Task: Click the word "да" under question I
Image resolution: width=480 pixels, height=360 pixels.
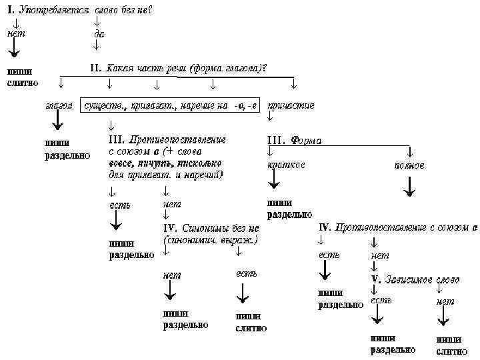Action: pos(99,33)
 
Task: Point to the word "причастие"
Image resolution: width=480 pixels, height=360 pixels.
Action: pos(291,105)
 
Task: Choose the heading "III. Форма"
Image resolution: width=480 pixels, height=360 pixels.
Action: pos(294,141)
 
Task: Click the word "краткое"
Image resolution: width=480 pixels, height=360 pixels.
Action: pos(286,165)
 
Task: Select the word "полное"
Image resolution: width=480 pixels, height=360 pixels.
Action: pos(409,165)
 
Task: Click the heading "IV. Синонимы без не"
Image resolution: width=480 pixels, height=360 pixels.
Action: pos(211,227)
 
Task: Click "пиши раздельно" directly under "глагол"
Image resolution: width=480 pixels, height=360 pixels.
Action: pos(67,149)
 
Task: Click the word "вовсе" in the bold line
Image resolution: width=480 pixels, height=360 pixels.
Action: pos(123,163)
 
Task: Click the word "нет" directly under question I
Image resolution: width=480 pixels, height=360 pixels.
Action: pos(15,33)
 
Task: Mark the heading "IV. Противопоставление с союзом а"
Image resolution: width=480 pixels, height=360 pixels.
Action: pos(399,227)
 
